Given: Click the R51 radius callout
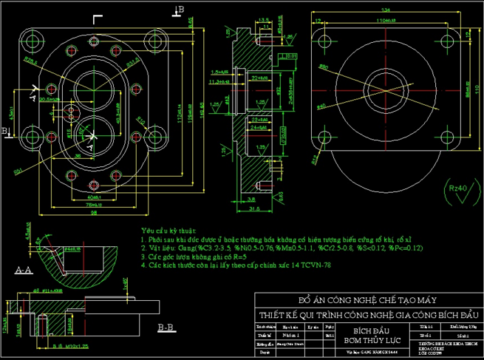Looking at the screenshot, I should [18, 171].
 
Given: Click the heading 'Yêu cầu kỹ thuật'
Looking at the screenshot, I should [169, 231].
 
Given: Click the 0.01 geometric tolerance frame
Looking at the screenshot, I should [291, 55].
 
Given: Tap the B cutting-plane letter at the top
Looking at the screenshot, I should [181, 8].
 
